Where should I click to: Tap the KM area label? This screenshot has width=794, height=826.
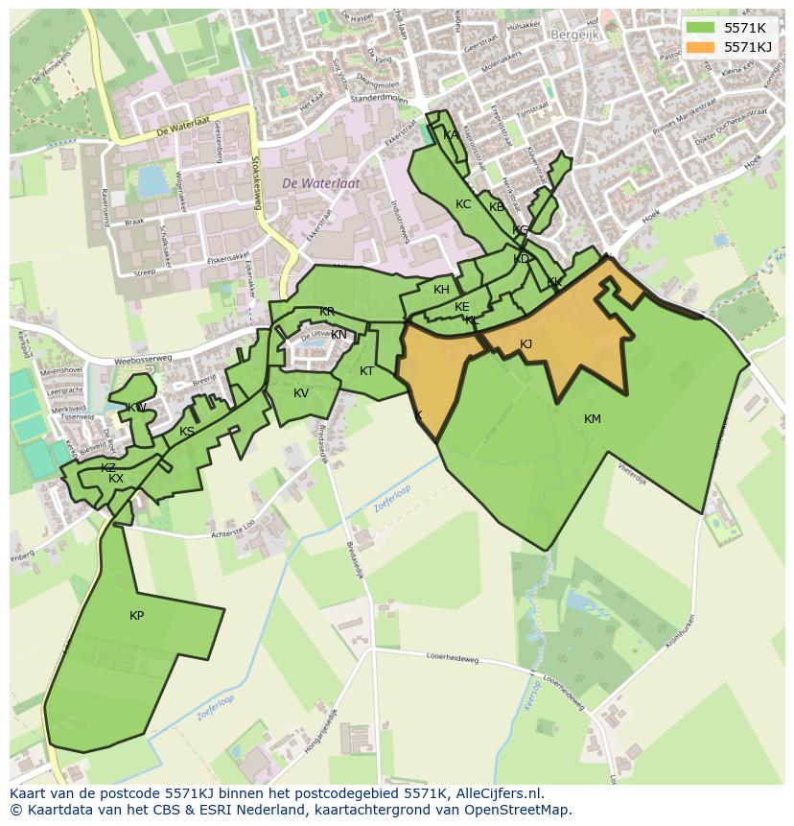pyautogui.click(x=592, y=419)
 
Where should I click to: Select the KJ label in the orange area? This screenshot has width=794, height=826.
pyautogui.click(x=525, y=344)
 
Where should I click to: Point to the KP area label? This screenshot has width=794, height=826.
pyautogui.click(x=136, y=616)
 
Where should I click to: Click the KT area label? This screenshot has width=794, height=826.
pyautogui.click(x=366, y=371)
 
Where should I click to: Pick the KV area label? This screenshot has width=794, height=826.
pyautogui.click(x=301, y=393)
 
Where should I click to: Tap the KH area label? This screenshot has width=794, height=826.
pyautogui.click(x=441, y=290)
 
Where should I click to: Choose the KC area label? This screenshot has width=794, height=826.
pyautogui.click(x=463, y=204)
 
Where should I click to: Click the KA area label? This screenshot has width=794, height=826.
pyautogui.click(x=451, y=135)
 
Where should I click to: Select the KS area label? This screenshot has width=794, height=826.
pyautogui.click(x=187, y=432)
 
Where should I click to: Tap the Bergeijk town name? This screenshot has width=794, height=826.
pyautogui.click(x=573, y=34)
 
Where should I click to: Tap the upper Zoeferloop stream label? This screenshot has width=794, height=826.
pyautogui.click(x=393, y=496)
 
